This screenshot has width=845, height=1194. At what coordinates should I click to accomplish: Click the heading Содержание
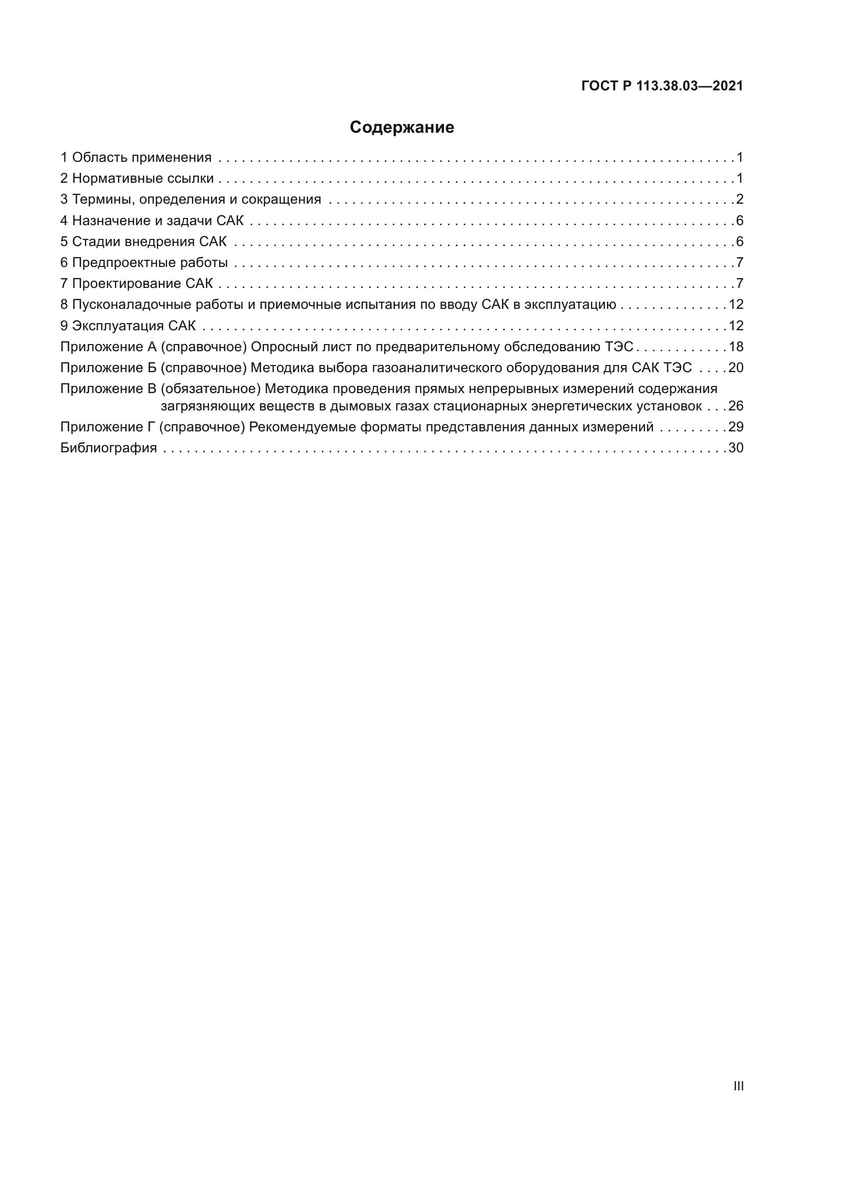pos(402,128)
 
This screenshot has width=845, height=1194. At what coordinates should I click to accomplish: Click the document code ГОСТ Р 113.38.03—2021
pos(662,86)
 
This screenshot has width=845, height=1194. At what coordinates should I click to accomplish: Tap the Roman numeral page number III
pos(738,1086)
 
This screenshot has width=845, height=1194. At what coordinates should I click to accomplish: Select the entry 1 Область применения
pos(136,158)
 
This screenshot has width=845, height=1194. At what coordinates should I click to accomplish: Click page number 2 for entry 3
pos(739,199)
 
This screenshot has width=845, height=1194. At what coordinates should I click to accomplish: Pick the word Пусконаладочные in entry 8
pos(132,304)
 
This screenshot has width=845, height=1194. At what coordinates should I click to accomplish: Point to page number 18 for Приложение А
pos(736,347)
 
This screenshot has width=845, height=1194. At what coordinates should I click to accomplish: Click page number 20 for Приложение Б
pos(736,368)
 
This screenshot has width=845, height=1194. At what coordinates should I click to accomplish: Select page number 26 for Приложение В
pos(736,406)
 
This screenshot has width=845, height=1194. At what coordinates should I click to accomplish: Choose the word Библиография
pos(109,448)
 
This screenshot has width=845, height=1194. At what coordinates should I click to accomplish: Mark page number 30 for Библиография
pos(736,448)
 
